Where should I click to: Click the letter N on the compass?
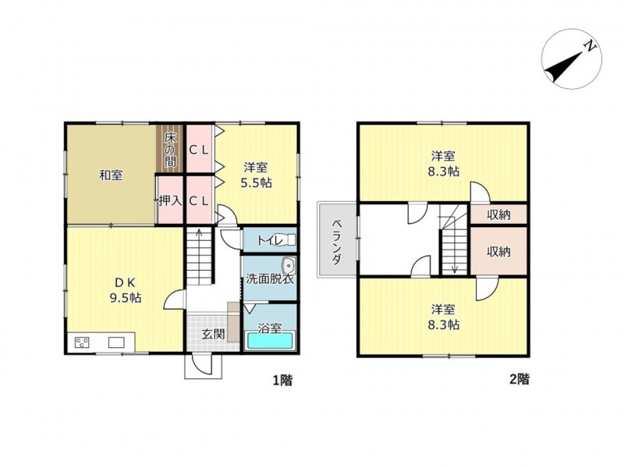point(590,46)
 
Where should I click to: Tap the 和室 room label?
point(111,175)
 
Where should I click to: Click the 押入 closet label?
point(170,200)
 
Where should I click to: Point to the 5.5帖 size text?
point(256,183)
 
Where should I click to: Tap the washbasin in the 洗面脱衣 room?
point(288,264)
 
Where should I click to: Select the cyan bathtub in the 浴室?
point(270,341)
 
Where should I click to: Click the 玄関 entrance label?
point(213,334)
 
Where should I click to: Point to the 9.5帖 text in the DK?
point(126,297)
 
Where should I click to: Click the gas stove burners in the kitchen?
point(82,342)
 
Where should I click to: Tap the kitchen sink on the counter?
point(116,342)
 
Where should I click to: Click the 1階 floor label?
point(282,381)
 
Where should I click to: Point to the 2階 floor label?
point(519,379)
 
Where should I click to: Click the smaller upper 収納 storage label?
point(498,215)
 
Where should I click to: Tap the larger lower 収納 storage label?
point(498,251)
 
